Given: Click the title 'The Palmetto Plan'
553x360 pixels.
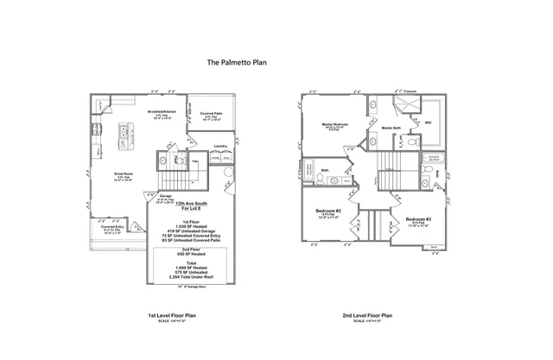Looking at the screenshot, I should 237,62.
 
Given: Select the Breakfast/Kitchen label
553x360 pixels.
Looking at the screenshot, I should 162,112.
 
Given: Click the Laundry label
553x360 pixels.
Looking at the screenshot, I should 220,147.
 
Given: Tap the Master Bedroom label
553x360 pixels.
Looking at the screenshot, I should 334,124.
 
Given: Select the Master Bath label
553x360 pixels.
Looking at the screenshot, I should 390,128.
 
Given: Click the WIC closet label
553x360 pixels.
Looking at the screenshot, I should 427,123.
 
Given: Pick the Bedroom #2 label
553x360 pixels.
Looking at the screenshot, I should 327,211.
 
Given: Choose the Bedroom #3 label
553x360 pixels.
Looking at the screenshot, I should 417,219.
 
